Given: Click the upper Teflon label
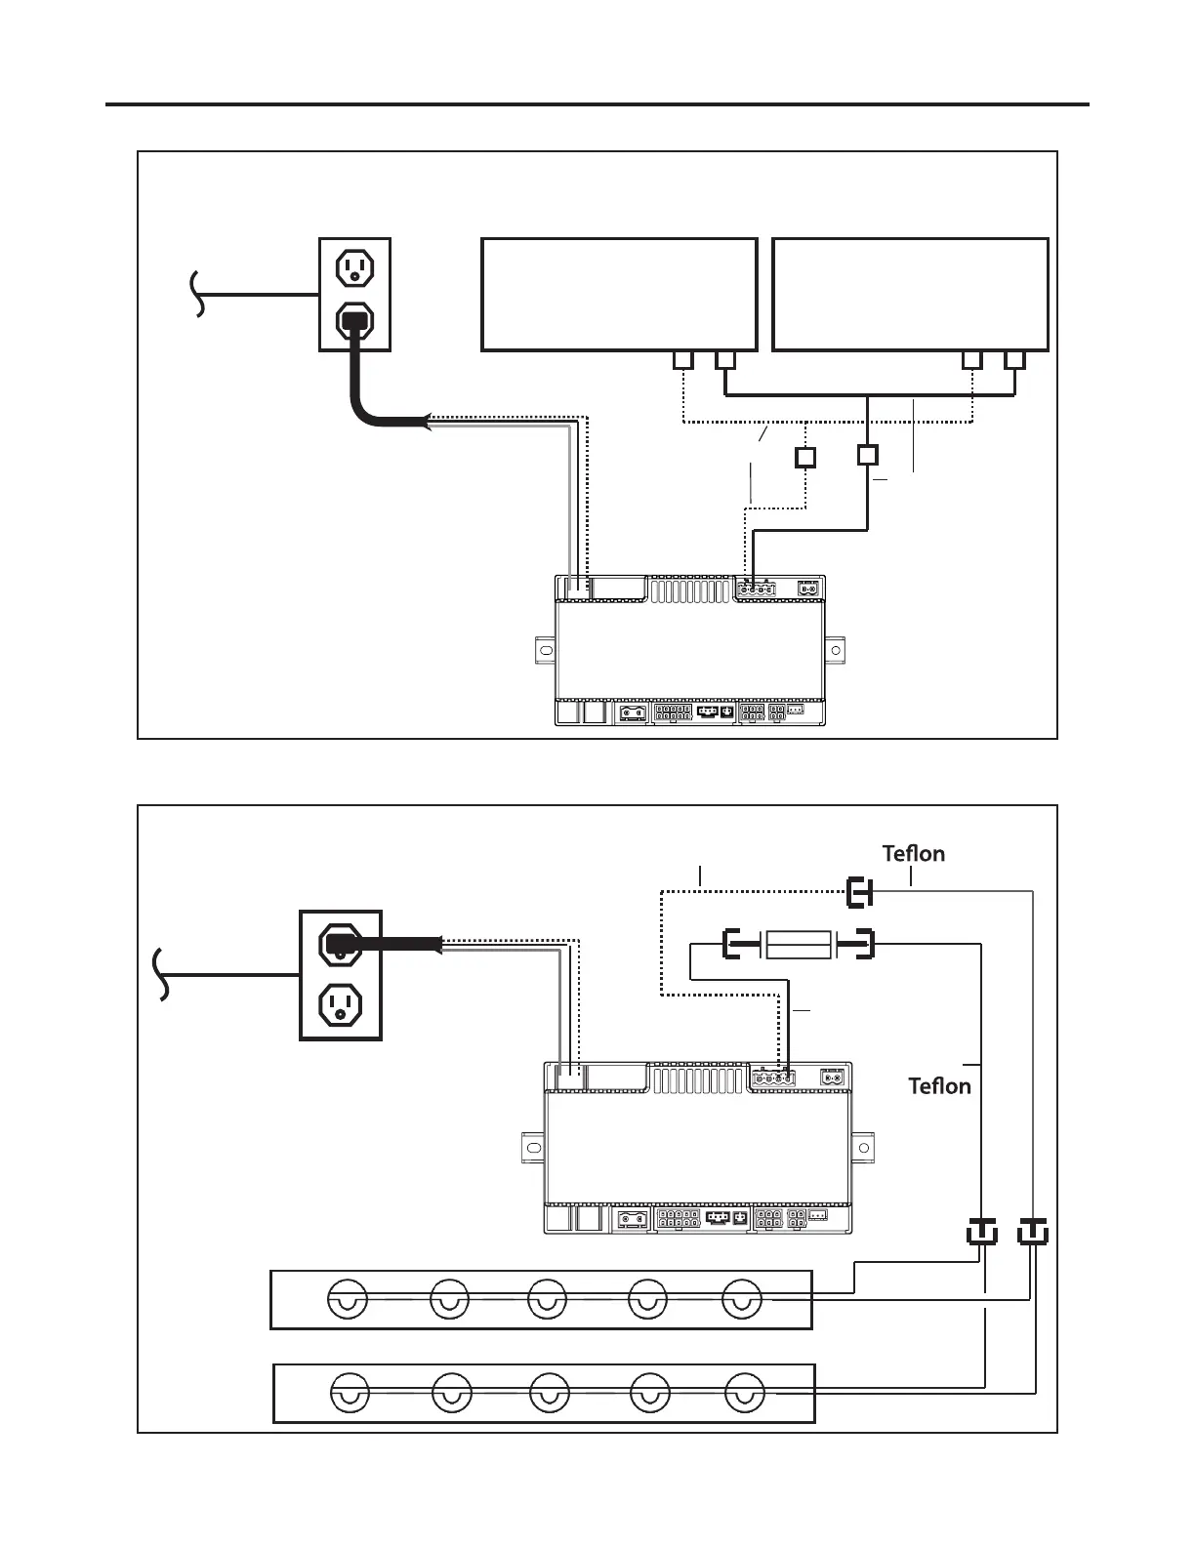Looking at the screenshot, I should (913, 854).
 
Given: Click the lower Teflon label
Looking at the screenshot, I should (939, 1086).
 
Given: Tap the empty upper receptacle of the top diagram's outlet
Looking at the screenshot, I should (354, 266).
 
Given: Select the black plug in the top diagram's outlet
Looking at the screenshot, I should (353, 320).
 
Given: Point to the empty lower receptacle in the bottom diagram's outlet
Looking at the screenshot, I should (340, 1003).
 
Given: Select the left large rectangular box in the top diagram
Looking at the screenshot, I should (619, 294).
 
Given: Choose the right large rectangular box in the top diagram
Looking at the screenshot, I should (910, 294).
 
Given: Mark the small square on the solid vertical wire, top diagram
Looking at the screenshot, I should (867, 455).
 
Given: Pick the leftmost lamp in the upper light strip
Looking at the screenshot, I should (348, 1300).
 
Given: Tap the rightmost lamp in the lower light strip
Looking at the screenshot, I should (745, 1393).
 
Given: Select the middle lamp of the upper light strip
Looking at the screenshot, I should (547, 1300).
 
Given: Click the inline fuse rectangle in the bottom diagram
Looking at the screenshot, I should (799, 945).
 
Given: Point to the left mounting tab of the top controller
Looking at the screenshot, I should (545, 651).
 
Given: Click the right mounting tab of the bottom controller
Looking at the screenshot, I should (863, 1146).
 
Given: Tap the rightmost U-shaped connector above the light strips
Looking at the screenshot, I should (1032, 1233).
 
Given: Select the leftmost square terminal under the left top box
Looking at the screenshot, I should (683, 360).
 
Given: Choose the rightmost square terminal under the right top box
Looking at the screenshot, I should (1014, 360).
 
